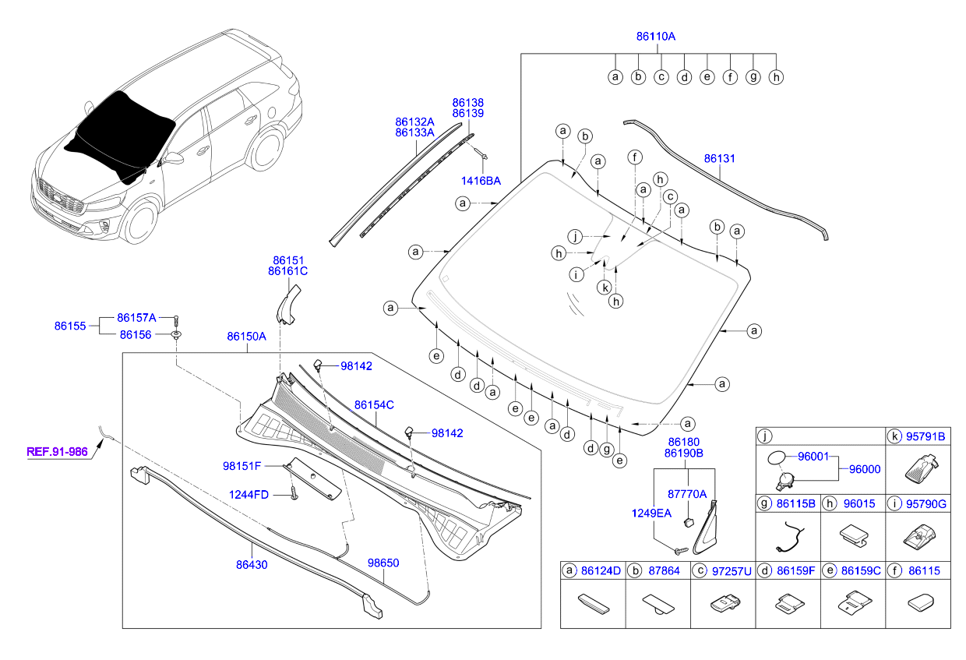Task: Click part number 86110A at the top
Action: tap(655, 36)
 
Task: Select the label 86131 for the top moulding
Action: tap(720, 158)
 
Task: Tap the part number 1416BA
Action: tap(481, 181)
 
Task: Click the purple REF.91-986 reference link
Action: tap(57, 450)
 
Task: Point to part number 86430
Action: tap(252, 564)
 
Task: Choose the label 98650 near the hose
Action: tap(383, 561)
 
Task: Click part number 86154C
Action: tap(374, 405)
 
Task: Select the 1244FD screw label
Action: tap(249, 494)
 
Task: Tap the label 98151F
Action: tap(241, 466)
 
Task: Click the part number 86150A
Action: tap(247, 337)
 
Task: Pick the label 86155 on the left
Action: tap(71, 326)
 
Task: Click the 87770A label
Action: tap(687, 494)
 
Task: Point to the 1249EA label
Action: tap(651, 513)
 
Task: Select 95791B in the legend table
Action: tap(926, 437)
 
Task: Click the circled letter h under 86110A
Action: tap(775, 77)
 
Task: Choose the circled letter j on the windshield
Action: tap(575, 236)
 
